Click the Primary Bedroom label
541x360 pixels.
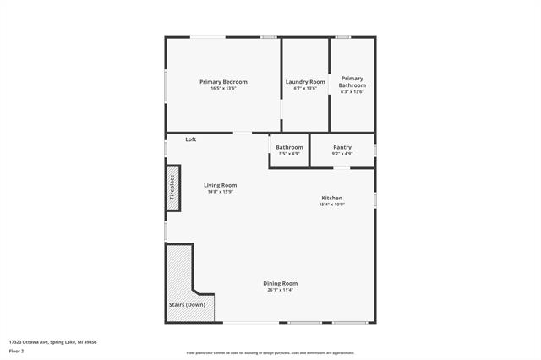point(223,82)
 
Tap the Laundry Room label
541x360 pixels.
point(304,82)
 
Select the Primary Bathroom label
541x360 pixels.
point(352,83)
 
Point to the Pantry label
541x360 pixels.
point(342,148)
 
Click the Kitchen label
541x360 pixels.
point(331,198)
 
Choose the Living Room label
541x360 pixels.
point(220,185)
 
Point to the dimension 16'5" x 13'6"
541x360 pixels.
point(223,89)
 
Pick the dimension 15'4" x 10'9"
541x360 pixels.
point(331,205)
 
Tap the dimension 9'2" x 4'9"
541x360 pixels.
point(342,154)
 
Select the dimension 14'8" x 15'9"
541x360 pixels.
point(220,192)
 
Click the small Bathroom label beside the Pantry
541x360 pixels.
point(289,148)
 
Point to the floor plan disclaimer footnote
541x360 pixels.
point(270,352)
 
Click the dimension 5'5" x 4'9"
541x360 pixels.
point(289,154)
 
